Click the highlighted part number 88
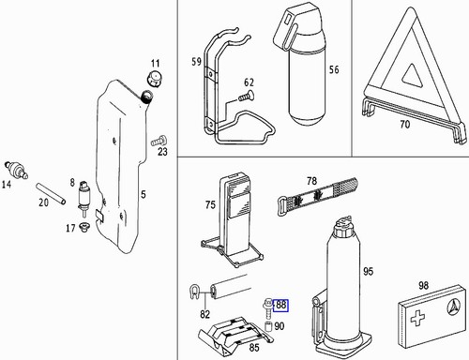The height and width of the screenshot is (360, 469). pos(281,305)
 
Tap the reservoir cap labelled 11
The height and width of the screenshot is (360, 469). pos(154,79)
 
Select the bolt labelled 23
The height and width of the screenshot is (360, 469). pos(159,142)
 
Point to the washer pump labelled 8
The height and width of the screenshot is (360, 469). pos(84,198)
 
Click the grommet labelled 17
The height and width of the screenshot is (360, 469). pos(83,227)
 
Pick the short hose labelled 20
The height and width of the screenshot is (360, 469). pos(51,194)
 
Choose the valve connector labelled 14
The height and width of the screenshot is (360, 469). pos(17,170)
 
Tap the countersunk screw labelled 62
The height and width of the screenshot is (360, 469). pos(246,96)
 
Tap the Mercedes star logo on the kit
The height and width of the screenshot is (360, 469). pos(454,308)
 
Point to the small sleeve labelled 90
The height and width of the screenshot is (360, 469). pos(268,326)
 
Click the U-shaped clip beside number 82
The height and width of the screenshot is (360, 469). pos(194,292)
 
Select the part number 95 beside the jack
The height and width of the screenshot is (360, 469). pos(368,271)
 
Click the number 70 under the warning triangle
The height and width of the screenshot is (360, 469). pos(404,125)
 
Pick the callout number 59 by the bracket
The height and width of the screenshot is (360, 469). pos(197,62)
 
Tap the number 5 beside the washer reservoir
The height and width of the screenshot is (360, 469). pos(144,194)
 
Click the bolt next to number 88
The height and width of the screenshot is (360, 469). pos(268,307)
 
